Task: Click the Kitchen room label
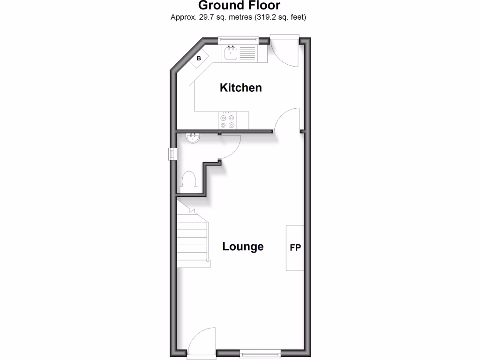point(240,88)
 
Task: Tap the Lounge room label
point(243,247)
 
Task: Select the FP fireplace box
point(295,248)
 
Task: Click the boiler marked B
point(199,59)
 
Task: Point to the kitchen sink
point(231,53)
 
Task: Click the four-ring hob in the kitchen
point(227,120)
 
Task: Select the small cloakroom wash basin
point(193,137)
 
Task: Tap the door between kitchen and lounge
point(287,121)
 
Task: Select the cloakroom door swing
point(230,147)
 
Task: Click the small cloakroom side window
point(172,154)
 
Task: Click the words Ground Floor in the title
point(239,6)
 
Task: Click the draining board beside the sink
point(248,53)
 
